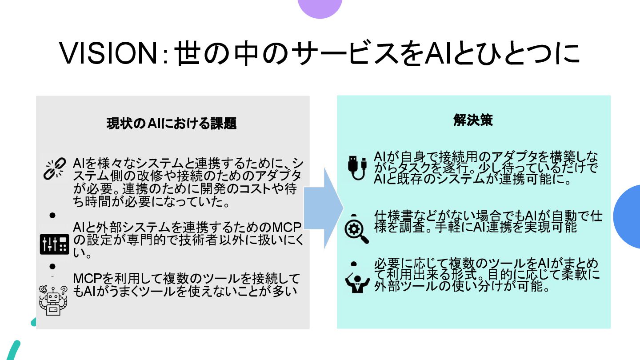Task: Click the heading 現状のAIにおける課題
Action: [x=171, y=124]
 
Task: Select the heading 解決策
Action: [x=473, y=120]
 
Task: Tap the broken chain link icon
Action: [x=55, y=168]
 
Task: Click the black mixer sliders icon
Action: [x=55, y=243]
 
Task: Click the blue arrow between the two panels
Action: [x=324, y=208]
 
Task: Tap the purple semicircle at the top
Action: [x=320, y=8]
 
